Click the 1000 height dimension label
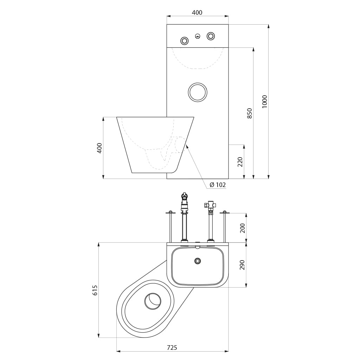[x=264, y=102]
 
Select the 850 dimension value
[x=250, y=113]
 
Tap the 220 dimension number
[x=240, y=162]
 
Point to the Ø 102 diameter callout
[x=218, y=185]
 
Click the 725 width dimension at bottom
[x=172, y=347]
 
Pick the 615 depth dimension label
[x=95, y=290]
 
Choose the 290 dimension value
[x=243, y=265]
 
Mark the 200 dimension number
[x=243, y=228]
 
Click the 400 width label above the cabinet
[x=197, y=12]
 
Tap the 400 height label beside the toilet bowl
[x=99, y=148]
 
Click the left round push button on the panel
[x=184, y=41]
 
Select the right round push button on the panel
[x=211, y=36]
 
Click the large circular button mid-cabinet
[x=198, y=92]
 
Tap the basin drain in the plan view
[x=198, y=261]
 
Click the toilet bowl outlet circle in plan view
[x=153, y=301]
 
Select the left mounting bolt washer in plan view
[x=171, y=212]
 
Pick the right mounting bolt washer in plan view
[x=225, y=212]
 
